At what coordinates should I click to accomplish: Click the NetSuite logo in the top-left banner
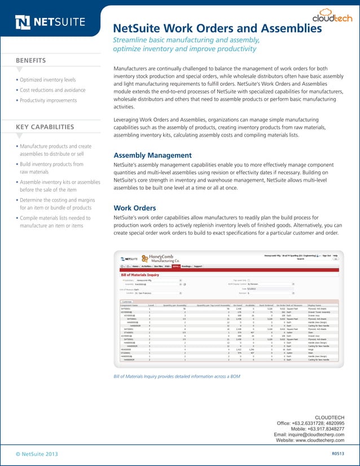click(x=51, y=23)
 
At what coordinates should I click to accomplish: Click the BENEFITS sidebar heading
click(x=31, y=60)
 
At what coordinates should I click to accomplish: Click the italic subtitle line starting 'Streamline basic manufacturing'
click(x=186, y=40)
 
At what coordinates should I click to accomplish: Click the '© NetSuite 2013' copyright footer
click(x=37, y=453)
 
